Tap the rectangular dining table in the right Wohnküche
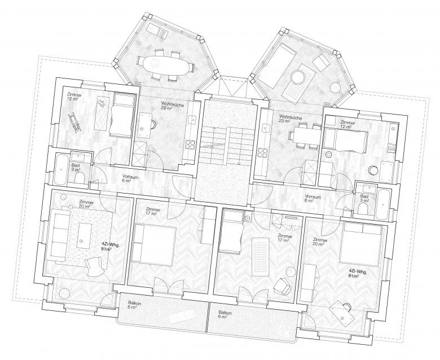[305, 136]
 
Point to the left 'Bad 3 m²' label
[75, 160]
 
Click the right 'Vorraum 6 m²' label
[313, 197]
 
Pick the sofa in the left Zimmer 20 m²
[57, 234]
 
